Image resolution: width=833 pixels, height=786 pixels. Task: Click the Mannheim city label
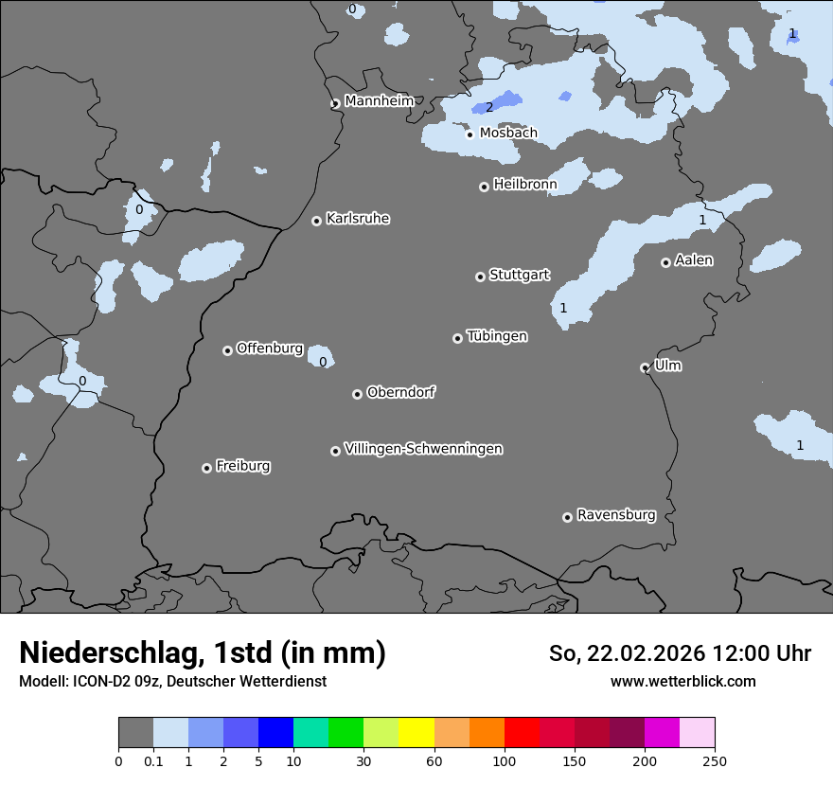tap(379, 100)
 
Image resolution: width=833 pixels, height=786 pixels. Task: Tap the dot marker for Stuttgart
tap(480, 277)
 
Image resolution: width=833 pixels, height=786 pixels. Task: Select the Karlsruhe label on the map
tap(358, 219)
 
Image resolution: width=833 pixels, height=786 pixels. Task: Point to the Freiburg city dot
tap(206, 468)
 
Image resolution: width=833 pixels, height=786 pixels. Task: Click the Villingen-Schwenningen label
tap(423, 449)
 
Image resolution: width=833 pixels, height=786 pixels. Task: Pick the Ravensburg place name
tap(616, 515)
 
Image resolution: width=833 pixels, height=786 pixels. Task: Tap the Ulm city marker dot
tap(645, 367)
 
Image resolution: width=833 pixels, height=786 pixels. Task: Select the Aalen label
tap(694, 260)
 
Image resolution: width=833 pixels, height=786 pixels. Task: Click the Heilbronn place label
tap(525, 184)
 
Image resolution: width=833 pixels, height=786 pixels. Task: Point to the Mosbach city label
tap(508, 133)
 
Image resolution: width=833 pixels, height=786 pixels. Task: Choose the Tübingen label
tap(497, 336)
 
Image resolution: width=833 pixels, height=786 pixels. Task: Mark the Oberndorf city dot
tap(357, 394)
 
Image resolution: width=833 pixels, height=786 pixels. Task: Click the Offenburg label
tap(270, 348)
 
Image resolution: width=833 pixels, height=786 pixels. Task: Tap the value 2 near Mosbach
tap(489, 107)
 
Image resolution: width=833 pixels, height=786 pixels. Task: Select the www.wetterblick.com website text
tap(682, 682)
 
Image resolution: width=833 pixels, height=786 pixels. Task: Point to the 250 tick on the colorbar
tap(715, 760)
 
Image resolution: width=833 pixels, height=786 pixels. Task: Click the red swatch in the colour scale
tap(522, 733)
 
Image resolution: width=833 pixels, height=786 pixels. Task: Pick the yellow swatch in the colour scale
tap(416, 733)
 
